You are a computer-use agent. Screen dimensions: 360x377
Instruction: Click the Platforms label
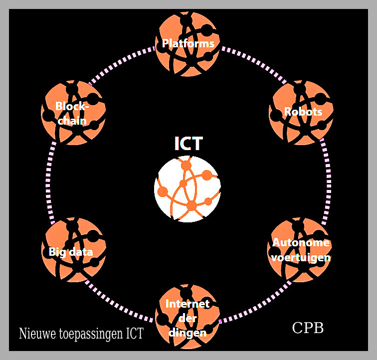coord(188,44)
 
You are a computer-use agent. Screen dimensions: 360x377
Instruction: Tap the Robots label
coord(303,112)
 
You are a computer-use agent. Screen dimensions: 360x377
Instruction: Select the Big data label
coord(71,252)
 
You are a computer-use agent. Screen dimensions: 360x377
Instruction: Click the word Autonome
coord(301,243)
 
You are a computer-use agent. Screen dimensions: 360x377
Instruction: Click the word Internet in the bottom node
coord(187,304)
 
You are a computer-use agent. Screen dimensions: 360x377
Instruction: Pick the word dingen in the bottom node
coord(188,333)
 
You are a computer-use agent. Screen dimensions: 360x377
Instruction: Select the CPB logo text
coord(308,328)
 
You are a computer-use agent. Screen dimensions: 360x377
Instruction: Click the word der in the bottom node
coord(187,319)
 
